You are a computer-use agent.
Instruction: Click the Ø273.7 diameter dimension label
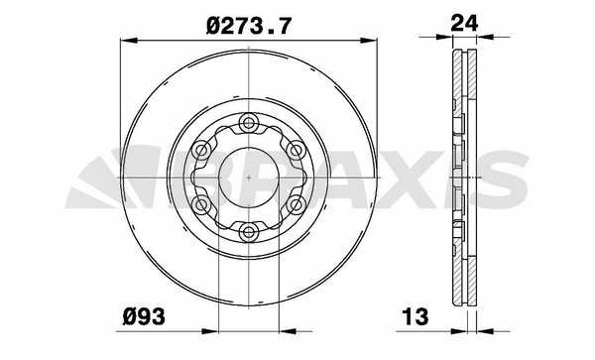point(249,27)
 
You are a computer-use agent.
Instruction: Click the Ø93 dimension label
point(144,316)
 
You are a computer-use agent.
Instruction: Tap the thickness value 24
point(464,23)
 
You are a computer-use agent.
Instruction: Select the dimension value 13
point(416,316)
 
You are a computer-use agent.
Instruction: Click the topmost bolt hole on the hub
point(248,123)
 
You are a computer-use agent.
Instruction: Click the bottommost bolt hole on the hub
point(248,231)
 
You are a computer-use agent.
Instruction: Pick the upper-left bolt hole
point(200,150)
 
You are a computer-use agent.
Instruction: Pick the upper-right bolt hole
point(296,150)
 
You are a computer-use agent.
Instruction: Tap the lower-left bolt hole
point(200,205)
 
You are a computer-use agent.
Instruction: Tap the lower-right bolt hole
point(296,205)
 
